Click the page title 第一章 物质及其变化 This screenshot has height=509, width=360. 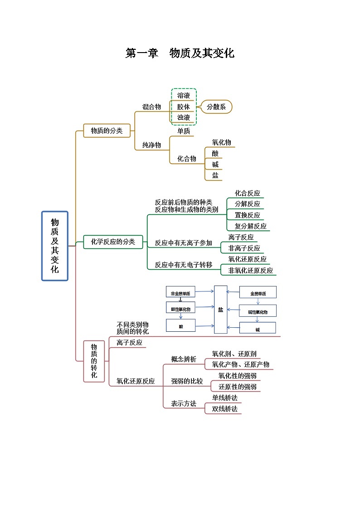pos(180,53)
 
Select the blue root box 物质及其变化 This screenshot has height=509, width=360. pos(55,246)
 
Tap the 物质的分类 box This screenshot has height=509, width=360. pos(107,131)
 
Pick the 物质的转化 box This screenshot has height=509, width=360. pos(94,361)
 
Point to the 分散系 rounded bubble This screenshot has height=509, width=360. pos(216,107)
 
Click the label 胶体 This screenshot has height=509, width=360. pos(184,107)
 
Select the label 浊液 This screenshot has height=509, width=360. pos(184,118)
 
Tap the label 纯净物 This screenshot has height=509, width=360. pos(151,145)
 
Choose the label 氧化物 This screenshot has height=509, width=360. pos(221,142)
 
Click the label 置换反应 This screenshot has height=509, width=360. pos(247,215)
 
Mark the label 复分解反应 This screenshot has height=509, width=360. pos(250,226)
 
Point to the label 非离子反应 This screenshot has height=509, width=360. pos(244,248)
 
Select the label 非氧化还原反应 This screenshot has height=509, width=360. pos(250,270)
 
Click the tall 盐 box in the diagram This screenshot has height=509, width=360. pos(220,310)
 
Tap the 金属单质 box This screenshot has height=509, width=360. pos(258,293)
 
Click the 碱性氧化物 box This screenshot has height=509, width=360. pos(258,311)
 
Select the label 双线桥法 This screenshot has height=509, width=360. pos(224,409)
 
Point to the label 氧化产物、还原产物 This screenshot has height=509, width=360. pos(240,364)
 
